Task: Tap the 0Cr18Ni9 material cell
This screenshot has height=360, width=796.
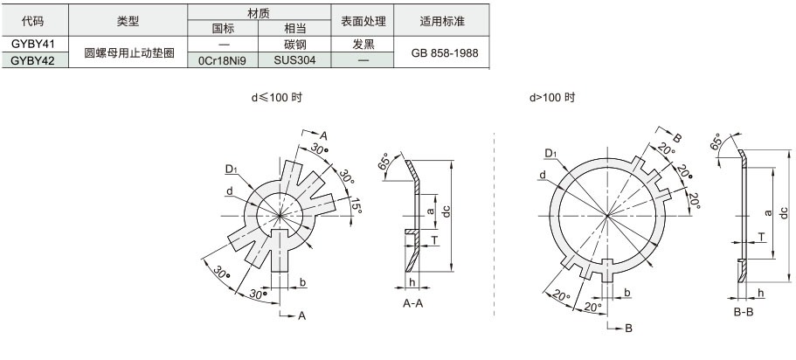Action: click(222, 60)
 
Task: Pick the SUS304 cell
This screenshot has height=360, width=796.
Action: click(294, 60)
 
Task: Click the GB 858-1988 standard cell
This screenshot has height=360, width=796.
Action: click(441, 52)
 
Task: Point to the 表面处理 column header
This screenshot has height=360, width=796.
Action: click(363, 21)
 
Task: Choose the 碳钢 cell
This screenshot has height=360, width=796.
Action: click(294, 45)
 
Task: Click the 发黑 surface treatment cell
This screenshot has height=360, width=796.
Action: click(363, 45)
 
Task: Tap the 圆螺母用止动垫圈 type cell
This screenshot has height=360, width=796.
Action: click(128, 52)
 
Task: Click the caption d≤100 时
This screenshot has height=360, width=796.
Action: click(277, 98)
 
